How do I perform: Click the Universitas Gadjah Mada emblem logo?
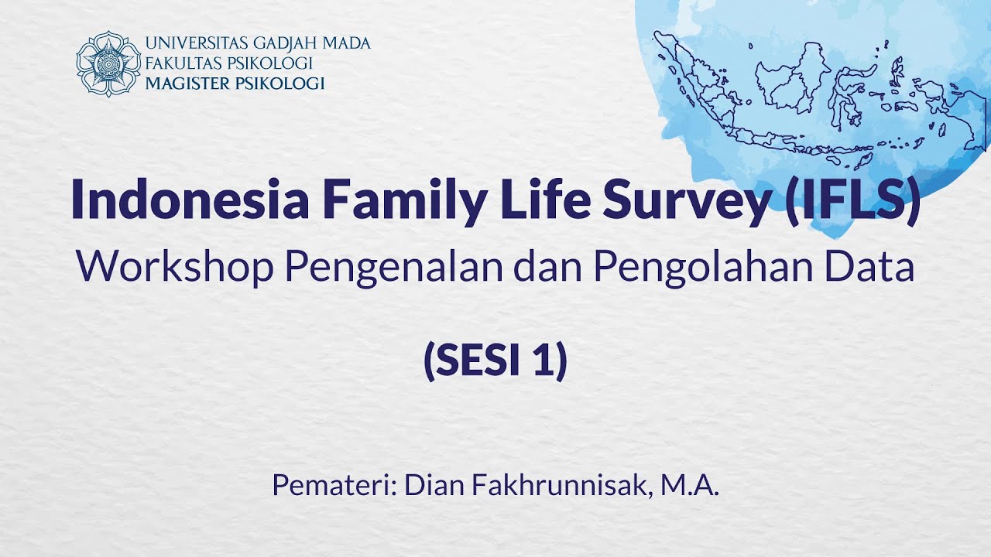[x=108, y=63]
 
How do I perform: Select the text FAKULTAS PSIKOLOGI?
[x=228, y=63]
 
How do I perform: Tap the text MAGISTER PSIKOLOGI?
[x=235, y=84]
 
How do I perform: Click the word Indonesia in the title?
[x=190, y=200]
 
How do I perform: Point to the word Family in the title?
[x=402, y=200]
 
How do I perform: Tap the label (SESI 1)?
[x=495, y=361]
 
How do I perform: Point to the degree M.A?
[x=691, y=486]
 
